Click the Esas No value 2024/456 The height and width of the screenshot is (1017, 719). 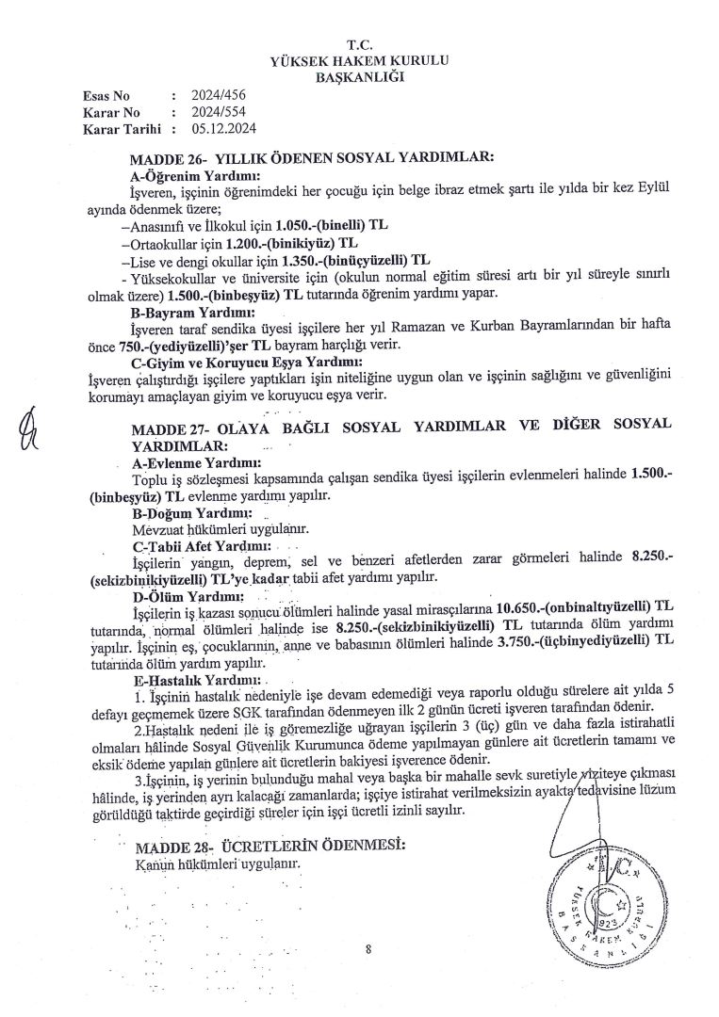tap(213, 96)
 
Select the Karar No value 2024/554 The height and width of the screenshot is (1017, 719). tap(213, 112)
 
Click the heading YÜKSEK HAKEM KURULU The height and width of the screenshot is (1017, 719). tap(359, 59)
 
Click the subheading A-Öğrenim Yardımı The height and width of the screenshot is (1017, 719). tap(196, 175)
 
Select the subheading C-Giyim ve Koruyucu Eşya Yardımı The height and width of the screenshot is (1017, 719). tap(246, 362)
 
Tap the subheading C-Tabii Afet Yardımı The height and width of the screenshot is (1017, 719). tap(201, 545)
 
